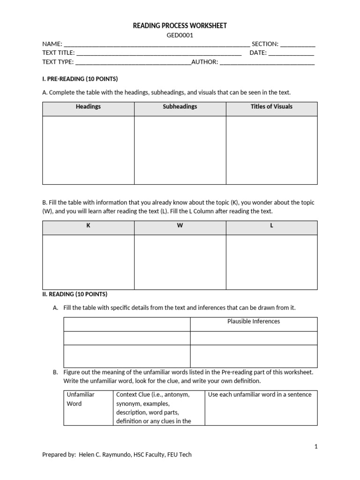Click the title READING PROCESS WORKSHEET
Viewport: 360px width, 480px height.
180,26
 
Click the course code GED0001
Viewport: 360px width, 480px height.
180,35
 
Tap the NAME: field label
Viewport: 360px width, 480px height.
52,44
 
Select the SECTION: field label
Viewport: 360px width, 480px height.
265,44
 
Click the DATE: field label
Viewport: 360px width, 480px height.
258,53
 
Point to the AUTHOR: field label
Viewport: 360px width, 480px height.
205,62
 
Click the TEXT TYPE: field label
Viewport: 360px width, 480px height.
58,62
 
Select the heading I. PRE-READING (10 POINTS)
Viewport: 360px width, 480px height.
80,79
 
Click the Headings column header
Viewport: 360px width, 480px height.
88,107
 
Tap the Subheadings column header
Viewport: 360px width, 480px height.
180,107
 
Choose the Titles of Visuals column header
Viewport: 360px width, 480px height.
271,107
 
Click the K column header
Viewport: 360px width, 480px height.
88,225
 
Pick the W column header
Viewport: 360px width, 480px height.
180,225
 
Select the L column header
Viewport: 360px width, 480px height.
271,225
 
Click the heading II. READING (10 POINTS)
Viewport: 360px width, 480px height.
75,294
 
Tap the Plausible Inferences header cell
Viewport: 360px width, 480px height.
254,322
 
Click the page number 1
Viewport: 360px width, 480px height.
316,447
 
